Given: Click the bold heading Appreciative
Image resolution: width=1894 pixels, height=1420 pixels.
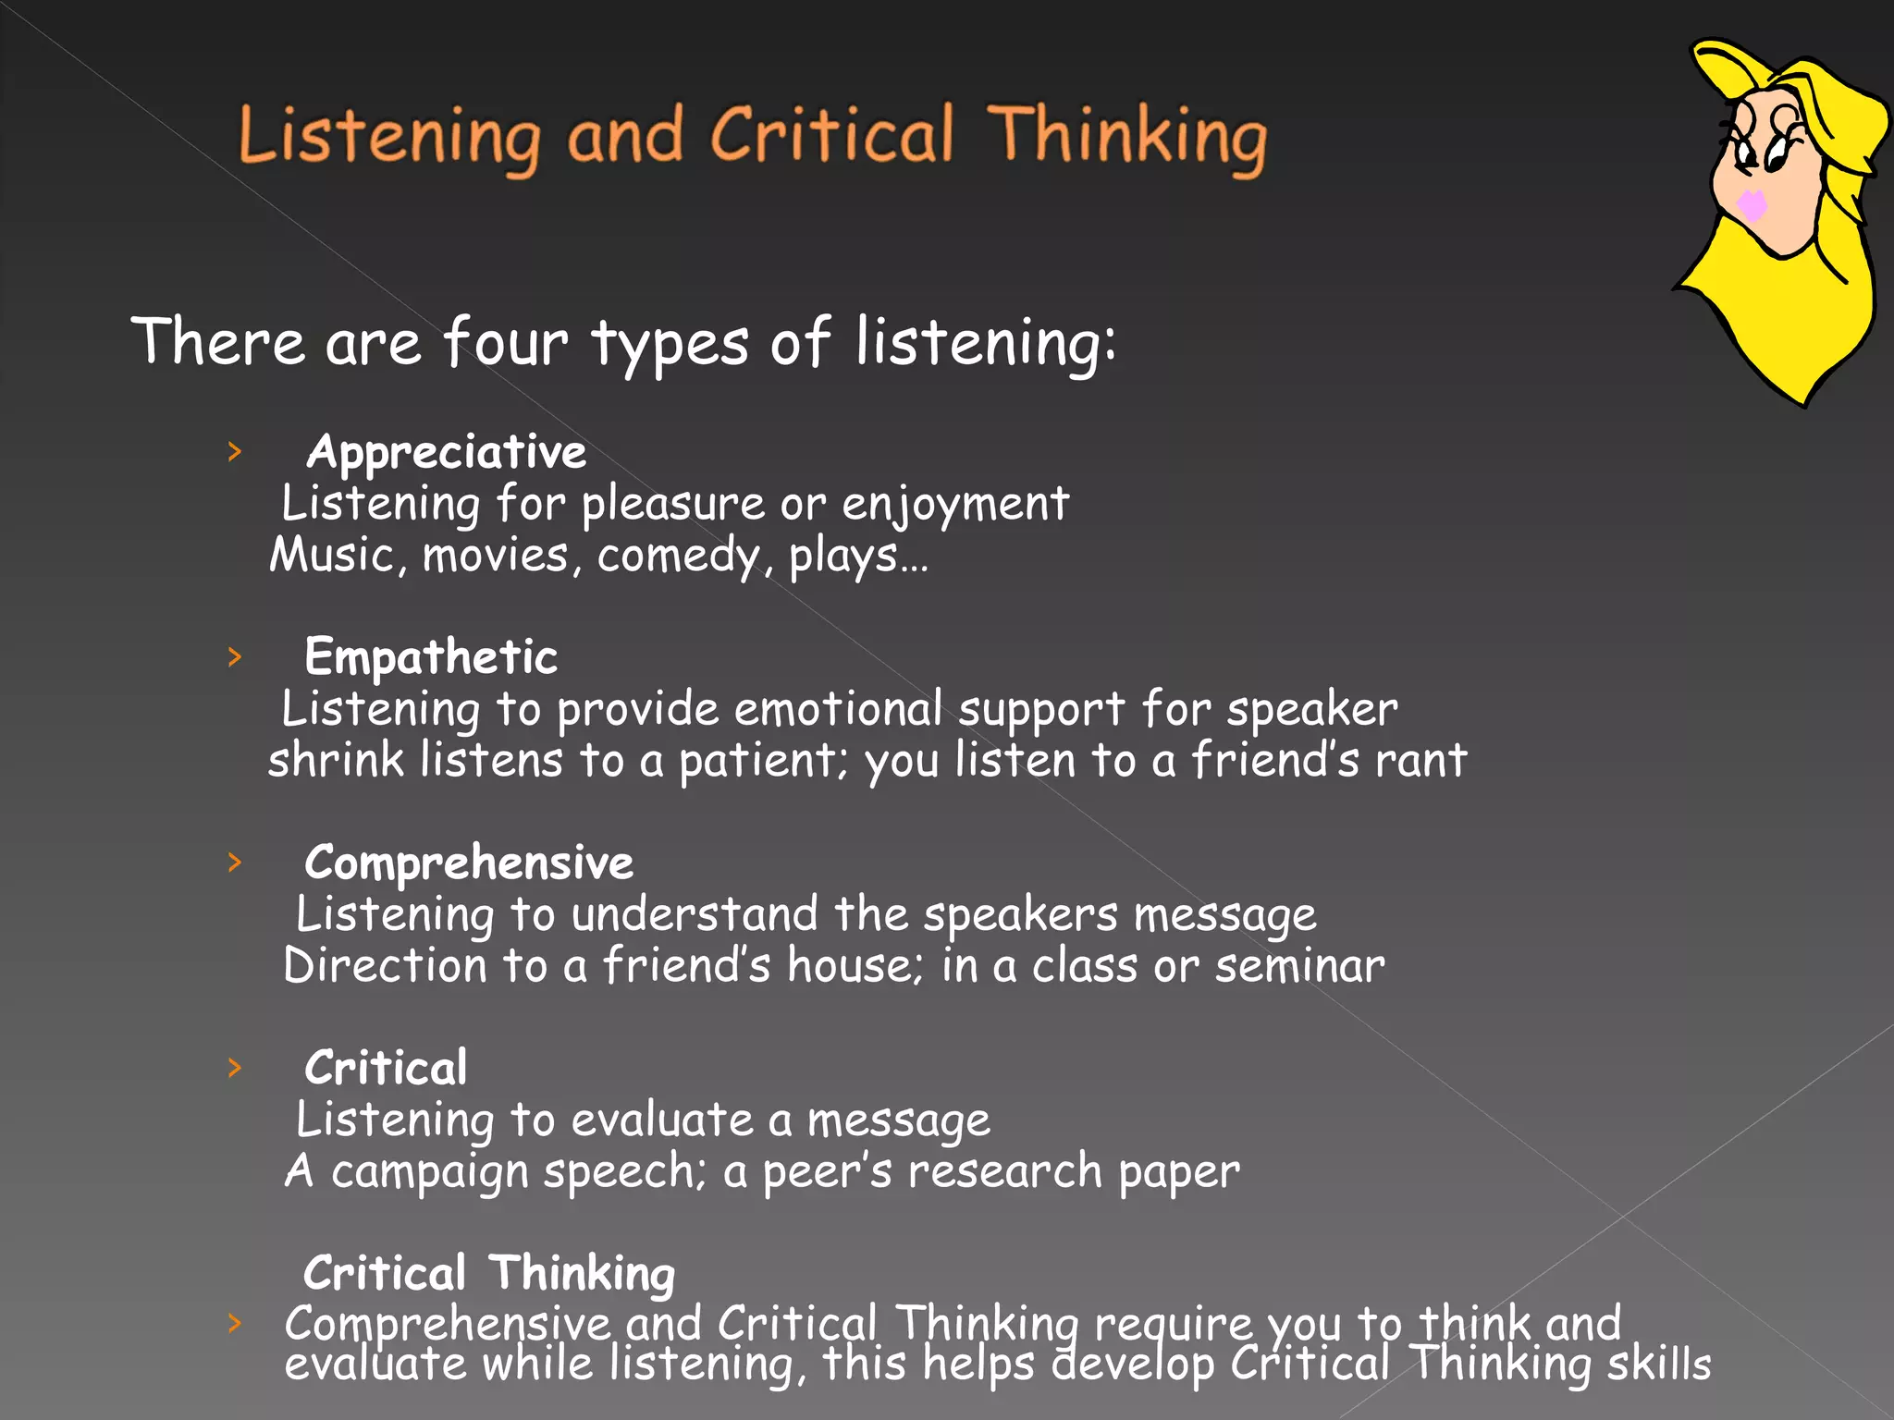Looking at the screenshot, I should point(446,453).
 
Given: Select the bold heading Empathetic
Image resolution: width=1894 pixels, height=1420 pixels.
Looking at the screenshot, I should point(431,657).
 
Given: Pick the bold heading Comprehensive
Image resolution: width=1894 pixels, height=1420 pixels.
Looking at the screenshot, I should point(469,863).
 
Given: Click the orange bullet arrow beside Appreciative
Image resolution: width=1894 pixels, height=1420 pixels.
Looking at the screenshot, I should point(235,452).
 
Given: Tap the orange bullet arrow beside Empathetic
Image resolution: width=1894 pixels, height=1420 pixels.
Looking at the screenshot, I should point(235,657).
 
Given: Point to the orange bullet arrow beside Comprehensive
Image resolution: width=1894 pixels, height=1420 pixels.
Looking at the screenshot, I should point(235,863).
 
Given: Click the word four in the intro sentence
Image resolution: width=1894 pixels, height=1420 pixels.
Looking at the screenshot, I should point(505,343).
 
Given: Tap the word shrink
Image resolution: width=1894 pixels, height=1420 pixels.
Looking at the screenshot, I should point(336,761).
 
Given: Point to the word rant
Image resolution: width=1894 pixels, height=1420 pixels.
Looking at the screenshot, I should point(1420,761).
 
